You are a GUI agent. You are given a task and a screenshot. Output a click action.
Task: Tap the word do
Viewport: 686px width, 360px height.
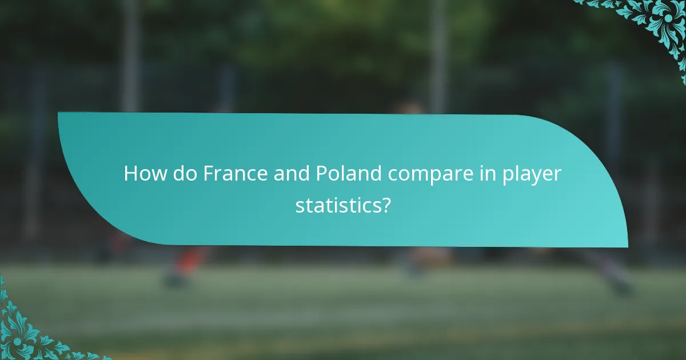tap(182, 174)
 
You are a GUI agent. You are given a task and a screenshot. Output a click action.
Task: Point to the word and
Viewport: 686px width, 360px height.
tap(291, 174)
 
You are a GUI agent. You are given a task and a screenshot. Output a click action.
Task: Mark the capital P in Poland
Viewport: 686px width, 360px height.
tap(321, 174)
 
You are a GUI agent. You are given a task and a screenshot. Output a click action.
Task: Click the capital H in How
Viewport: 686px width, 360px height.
tap(131, 174)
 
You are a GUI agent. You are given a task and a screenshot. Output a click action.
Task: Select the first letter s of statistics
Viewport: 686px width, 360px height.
tap(299, 206)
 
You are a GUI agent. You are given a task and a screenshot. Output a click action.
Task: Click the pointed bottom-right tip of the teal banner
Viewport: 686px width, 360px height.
tap(627, 246)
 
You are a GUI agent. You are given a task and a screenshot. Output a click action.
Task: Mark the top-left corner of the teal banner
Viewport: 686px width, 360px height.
tap(59, 113)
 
